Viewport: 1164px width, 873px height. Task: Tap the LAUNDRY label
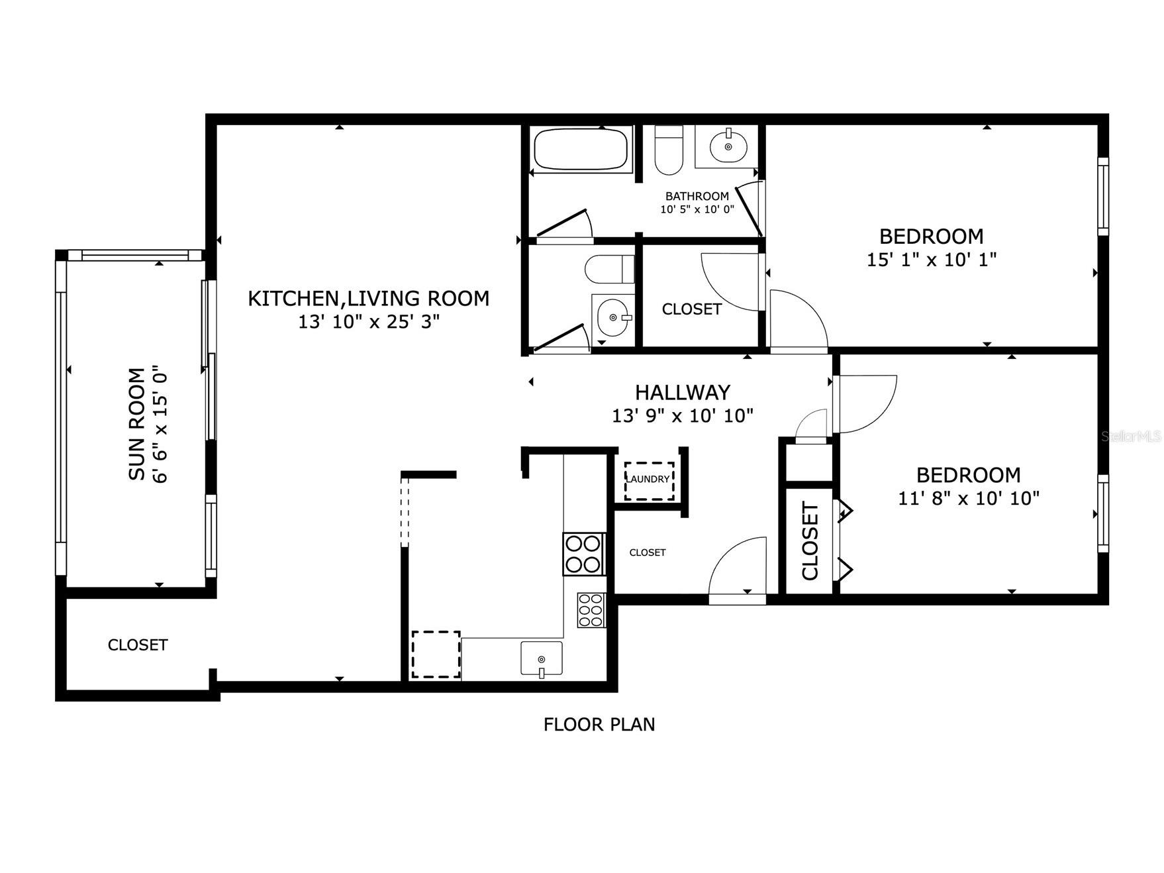(x=648, y=479)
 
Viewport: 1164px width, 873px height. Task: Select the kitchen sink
(x=542, y=658)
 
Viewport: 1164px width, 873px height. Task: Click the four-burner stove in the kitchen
(x=583, y=554)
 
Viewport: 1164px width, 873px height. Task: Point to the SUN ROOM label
(x=136, y=424)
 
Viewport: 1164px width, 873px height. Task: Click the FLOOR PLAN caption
(x=599, y=725)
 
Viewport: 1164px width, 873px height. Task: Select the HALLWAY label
(x=683, y=393)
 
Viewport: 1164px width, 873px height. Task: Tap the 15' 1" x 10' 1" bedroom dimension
(x=932, y=259)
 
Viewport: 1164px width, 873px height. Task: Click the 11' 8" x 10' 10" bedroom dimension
(x=969, y=497)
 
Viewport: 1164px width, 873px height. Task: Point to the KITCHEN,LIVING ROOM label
(x=369, y=299)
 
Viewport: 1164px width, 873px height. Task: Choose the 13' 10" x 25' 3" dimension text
(x=369, y=322)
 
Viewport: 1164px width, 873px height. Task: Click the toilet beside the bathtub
(x=669, y=150)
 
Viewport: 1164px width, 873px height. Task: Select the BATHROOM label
(x=697, y=196)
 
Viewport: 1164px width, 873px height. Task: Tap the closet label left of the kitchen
(x=138, y=644)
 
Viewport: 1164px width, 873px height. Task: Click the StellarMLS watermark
(x=1131, y=436)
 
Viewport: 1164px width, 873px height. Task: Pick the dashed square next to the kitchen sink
(x=436, y=654)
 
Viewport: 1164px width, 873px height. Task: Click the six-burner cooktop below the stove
(x=591, y=610)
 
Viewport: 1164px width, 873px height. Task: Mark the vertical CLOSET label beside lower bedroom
(x=810, y=541)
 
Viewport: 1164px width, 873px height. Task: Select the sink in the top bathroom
(x=728, y=146)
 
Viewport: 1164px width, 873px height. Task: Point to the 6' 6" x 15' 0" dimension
(x=160, y=424)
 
